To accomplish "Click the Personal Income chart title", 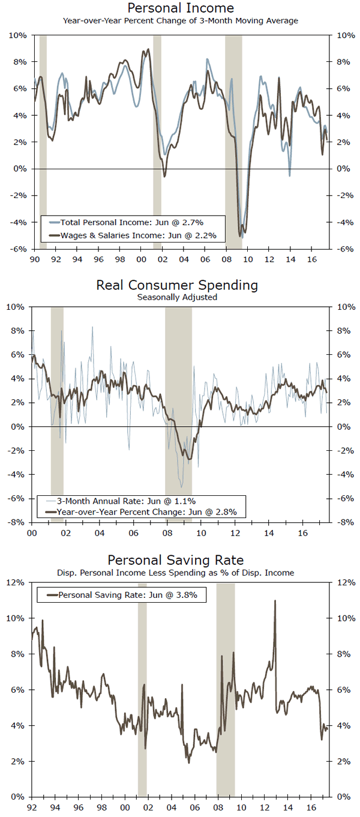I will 180,8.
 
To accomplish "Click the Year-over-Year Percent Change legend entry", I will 146,512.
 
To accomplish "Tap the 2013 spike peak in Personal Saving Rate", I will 275,601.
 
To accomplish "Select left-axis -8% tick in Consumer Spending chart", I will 19,522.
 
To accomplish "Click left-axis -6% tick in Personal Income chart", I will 19,249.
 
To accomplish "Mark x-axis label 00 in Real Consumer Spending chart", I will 34,532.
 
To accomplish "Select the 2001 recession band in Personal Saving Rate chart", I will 142,690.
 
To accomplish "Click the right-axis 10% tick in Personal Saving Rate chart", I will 340,618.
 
